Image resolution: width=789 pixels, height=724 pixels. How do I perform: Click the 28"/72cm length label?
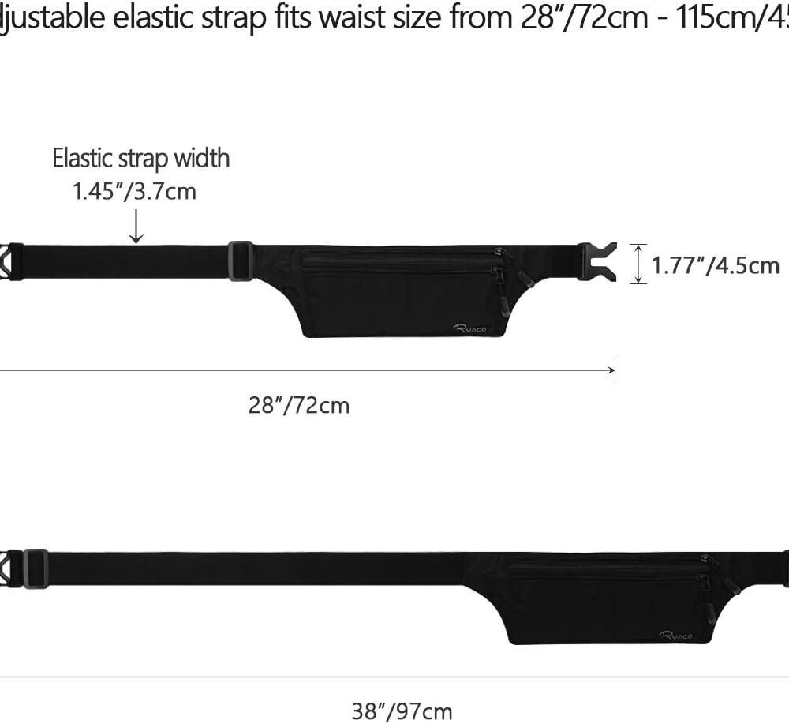click(299, 406)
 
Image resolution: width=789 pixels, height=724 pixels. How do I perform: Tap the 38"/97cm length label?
click(402, 711)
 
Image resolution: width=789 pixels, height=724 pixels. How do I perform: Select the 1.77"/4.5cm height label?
click(716, 265)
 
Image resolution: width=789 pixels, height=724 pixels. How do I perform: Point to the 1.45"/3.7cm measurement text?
click(134, 191)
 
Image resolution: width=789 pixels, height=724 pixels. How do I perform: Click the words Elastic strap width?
click(141, 158)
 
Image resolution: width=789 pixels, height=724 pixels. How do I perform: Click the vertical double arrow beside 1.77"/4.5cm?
click(638, 263)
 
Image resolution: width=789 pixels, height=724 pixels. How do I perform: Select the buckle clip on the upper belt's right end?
click(596, 261)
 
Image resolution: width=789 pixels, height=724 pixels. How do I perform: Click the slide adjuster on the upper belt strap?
click(241, 261)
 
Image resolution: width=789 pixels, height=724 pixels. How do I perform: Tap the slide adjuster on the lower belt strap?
click(36, 568)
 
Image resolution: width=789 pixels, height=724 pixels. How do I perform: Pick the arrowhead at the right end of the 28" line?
click(611, 370)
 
